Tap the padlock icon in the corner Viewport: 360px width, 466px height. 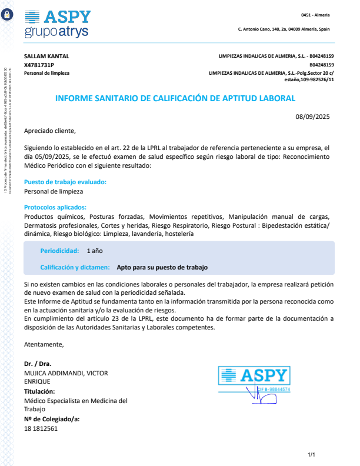point(8,15)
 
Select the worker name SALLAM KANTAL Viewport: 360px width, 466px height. point(46,56)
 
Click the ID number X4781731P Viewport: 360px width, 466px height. point(39,65)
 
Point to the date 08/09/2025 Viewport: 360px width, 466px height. point(313,116)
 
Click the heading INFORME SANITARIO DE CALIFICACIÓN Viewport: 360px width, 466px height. point(175,98)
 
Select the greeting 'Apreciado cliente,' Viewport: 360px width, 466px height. point(50,131)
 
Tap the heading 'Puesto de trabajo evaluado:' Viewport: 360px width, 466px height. point(65,182)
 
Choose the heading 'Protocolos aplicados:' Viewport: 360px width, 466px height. point(55,207)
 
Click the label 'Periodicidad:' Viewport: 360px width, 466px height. point(59,251)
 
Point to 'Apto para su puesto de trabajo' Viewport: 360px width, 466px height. point(162,267)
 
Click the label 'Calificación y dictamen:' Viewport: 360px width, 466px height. point(75,267)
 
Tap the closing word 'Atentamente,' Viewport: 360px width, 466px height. point(44,344)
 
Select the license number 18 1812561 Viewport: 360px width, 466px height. point(41,428)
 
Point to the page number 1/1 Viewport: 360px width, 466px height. point(312,454)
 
